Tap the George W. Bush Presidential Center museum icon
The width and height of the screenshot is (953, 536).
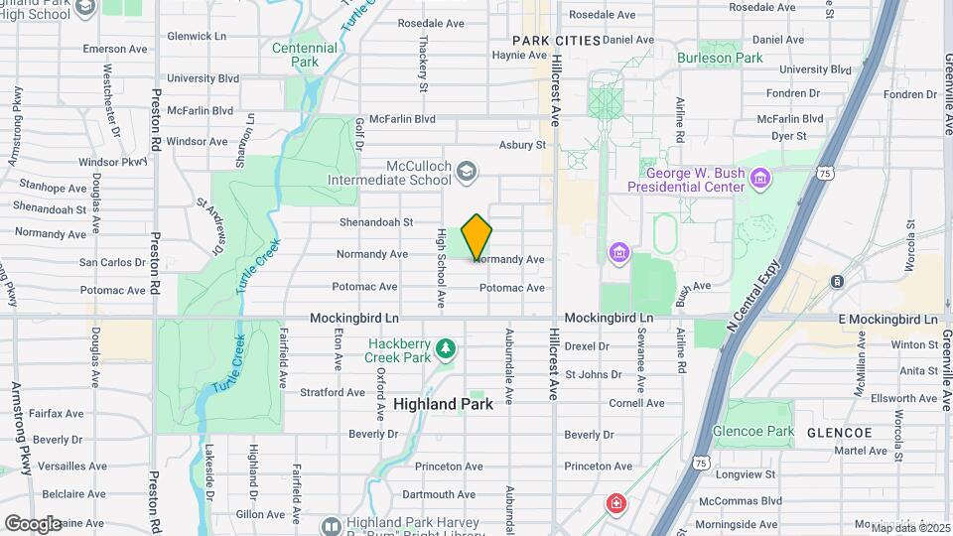tap(761, 178)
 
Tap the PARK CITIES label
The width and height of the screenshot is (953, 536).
tap(557, 41)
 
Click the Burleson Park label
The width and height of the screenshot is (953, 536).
tap(720, 58)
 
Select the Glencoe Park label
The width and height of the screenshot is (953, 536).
tap(753, 432)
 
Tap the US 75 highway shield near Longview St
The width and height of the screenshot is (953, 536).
tap(702, 464)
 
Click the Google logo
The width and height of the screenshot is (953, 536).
tap(32, 523)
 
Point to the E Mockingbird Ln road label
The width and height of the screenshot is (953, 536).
tap(887, 319)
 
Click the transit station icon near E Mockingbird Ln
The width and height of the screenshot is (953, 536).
tap(838, 281)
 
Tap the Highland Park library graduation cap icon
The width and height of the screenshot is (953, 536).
tap(331, 525)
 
